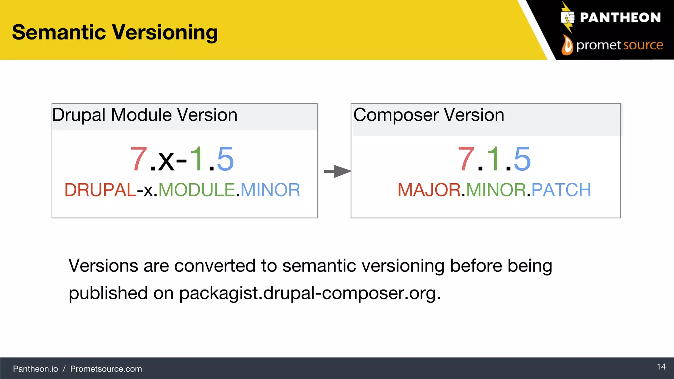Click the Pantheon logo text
[620, 18]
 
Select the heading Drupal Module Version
[145, 115]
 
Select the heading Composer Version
[428, 115]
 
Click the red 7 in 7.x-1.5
[139, 160]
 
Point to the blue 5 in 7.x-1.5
[225, 160]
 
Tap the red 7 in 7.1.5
[466, 160]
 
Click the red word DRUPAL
[100, 190]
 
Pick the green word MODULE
[196, 190]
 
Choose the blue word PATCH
[561, 190]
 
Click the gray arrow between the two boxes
[337, 171]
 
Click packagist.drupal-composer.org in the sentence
[309, 293]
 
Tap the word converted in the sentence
[215, 265]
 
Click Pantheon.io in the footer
[35, 369]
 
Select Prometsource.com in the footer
[106, 369]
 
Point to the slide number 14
[661, 367]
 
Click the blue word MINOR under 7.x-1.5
[270, 190]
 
